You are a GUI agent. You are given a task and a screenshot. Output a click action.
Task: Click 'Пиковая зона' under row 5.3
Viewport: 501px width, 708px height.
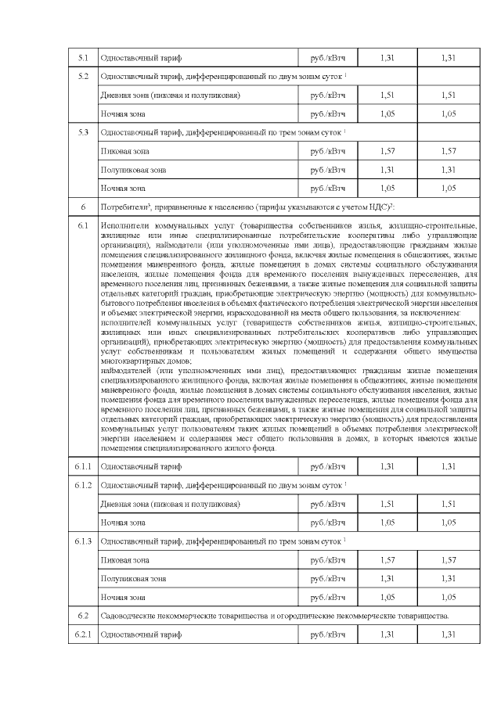[x=124, y=150]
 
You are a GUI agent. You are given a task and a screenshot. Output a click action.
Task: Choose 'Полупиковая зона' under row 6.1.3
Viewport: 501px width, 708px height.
[x=133, y=578]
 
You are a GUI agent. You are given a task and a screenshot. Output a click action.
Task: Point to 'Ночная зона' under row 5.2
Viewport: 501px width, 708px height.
[x=123, y=113]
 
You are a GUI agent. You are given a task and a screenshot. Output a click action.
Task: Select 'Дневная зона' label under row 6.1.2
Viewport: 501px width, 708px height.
[x=127, y=503]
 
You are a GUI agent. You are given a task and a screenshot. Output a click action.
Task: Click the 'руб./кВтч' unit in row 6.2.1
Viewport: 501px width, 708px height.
[x=328, y=634]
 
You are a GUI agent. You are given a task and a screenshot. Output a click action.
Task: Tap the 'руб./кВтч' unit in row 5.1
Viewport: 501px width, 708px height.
[x=328, y=58]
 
